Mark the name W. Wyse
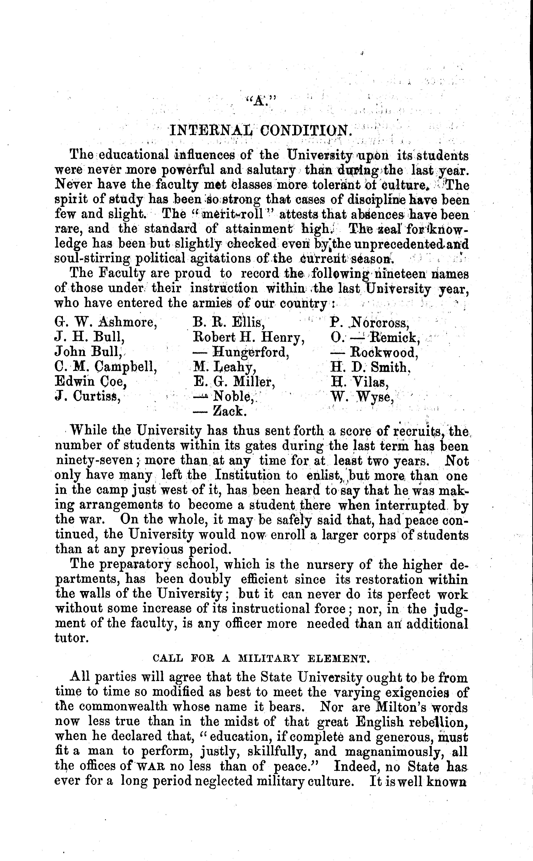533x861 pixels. tap(362, 397)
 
